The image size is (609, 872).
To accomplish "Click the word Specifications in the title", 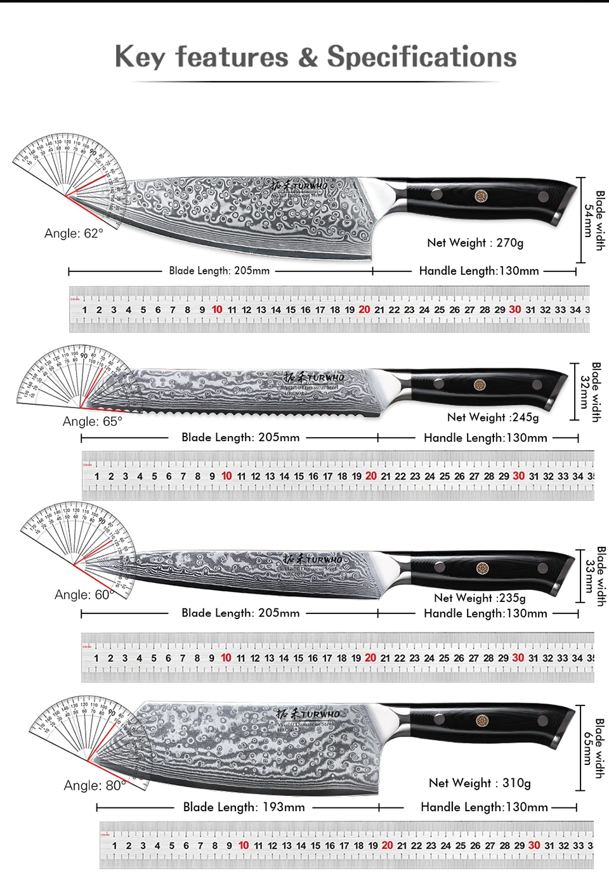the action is point(422,57).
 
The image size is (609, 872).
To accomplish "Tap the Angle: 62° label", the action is point(74,233).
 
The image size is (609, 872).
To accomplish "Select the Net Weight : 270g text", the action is point(475,243).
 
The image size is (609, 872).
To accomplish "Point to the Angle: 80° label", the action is point(95,785).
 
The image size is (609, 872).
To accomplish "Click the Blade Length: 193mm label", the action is point(244,807).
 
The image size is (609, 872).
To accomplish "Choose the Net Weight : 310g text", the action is point(480,783).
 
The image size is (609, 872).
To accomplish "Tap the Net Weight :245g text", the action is point(493,417).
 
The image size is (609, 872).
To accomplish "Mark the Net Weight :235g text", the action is point(480,598).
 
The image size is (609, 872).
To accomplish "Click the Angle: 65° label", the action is point(92,421).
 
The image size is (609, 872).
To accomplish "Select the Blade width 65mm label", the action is point(594,748).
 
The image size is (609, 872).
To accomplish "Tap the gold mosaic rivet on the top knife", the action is point(481,196).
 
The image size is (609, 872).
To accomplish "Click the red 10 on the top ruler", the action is point(217,309).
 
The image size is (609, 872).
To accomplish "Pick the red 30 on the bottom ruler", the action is point(534,845).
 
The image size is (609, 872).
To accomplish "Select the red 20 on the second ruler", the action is point(371,476).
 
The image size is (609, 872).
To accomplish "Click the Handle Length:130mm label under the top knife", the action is point(479,271).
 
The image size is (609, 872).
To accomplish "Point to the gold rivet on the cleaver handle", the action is point(482,721).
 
